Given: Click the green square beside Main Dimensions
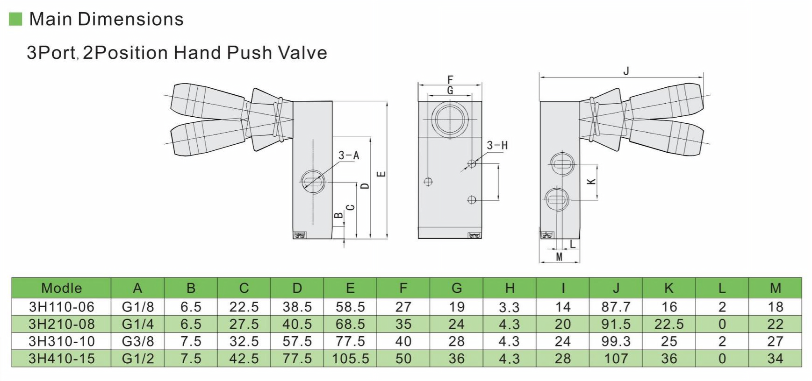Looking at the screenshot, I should [15, 19].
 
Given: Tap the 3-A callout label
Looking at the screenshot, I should [349, 155].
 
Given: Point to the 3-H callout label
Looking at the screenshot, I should [497, 145].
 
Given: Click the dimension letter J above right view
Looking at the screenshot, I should [626, 71].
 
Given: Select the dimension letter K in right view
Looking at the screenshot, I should [591, 181].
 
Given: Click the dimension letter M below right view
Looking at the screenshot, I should [559, 256].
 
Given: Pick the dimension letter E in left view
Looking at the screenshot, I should [381, 174].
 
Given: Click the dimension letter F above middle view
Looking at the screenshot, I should [450, 79].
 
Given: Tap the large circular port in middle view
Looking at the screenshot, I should [450, 120].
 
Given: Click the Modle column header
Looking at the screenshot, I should [61, 288].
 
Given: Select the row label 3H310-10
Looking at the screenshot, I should [61, 341].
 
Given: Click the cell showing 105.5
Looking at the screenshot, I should [350, 359].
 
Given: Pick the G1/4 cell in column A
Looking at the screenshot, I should [137, 324].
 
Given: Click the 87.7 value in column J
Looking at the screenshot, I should [616, 307].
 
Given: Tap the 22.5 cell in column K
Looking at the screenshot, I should [669, 324].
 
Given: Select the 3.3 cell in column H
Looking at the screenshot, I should [509, 307].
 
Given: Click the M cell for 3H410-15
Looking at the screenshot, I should [775, 359].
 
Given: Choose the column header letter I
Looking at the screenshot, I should [563, 288].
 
